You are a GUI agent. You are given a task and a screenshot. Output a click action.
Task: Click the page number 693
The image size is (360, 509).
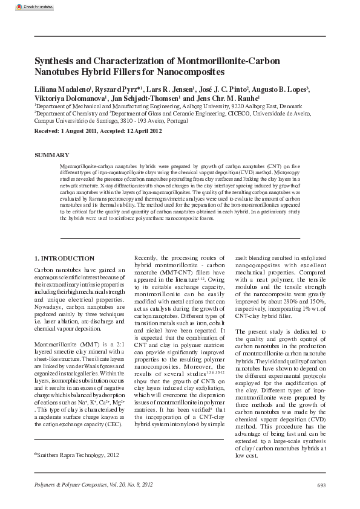click(x=321, y=485)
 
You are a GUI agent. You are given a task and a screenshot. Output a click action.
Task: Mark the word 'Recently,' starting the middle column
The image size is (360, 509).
click(x=147, y=258)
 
